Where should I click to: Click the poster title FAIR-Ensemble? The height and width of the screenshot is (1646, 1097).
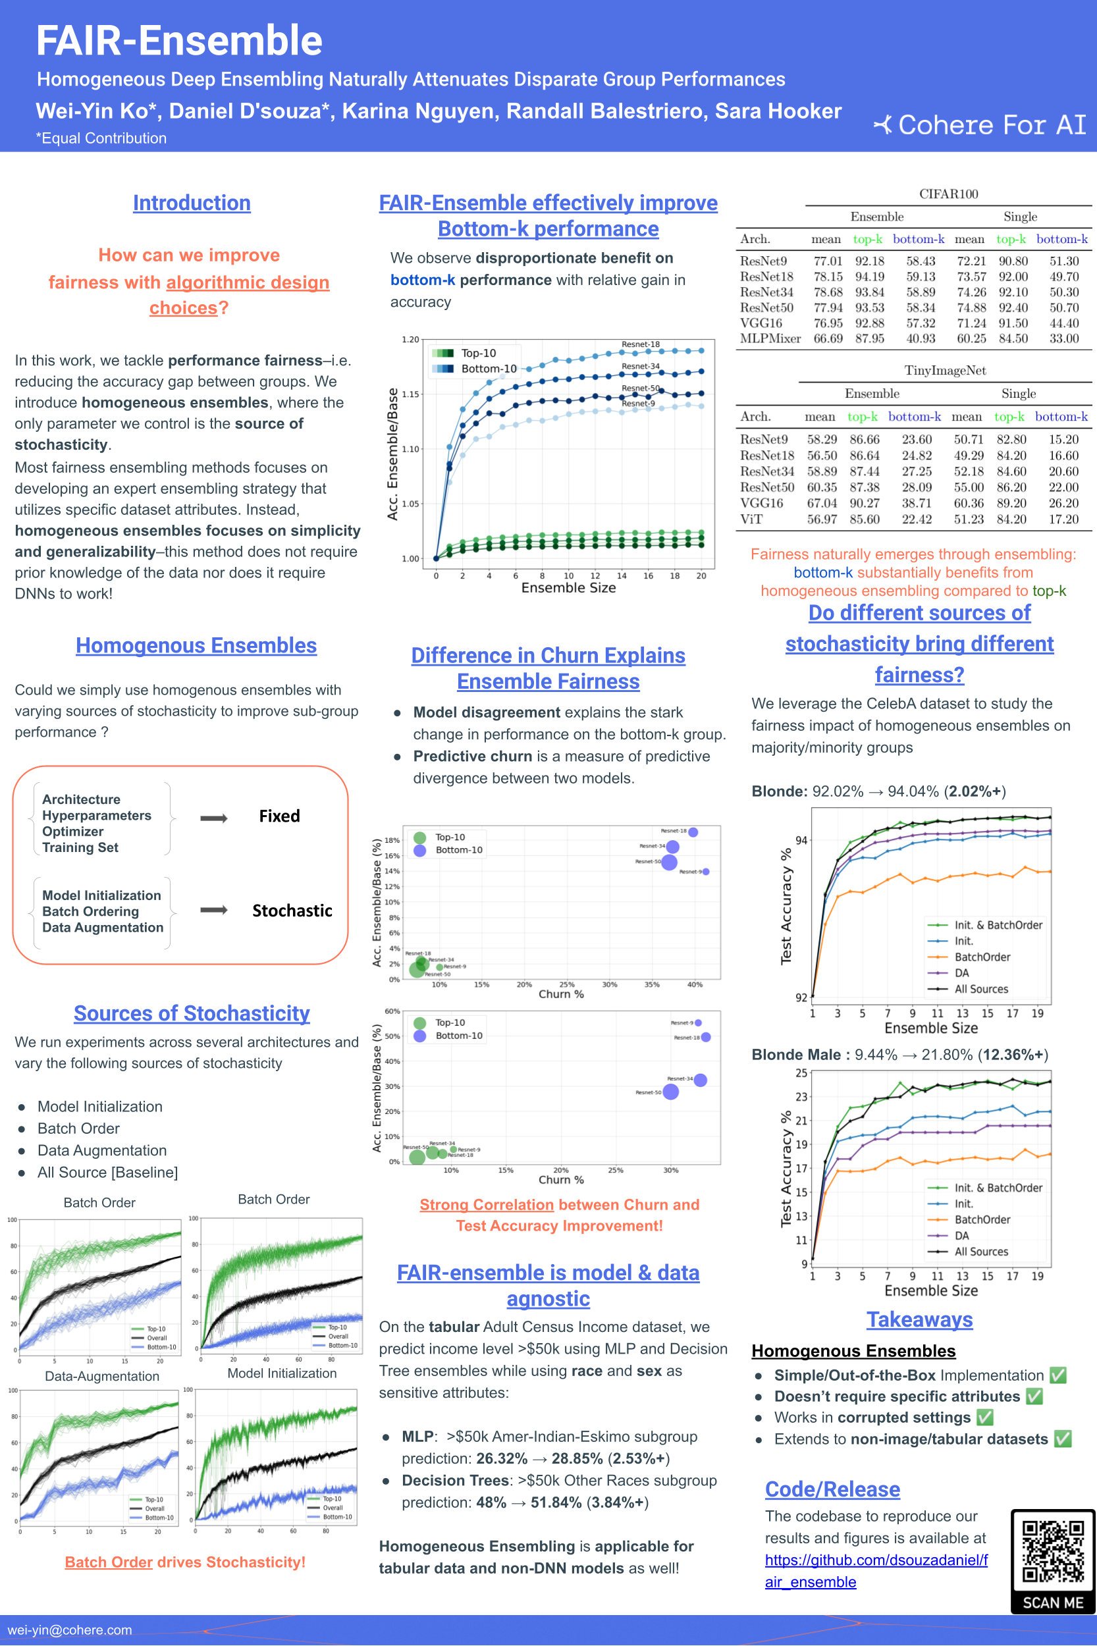pos(179,41)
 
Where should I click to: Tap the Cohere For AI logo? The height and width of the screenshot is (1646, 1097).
pos(980,125)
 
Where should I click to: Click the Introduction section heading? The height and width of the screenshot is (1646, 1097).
pos(192,203)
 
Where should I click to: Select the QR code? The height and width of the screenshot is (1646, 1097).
pos(1052,1551)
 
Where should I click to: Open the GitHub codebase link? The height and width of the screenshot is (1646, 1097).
pos(876,1570)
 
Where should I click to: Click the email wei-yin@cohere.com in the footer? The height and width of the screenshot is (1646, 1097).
pos(69,1630)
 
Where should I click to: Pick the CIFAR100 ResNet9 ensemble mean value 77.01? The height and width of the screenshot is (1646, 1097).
pos(828,261)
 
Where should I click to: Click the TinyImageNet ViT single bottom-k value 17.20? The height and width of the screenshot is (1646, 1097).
pos(1063,519)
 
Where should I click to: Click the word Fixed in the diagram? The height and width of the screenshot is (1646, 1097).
pos(279,816)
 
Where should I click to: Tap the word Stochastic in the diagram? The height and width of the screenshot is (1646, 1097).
pos(292,910)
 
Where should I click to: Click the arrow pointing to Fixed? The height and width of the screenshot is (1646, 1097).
pos(213,818)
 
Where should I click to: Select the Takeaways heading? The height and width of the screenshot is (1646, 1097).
pos(919,1319)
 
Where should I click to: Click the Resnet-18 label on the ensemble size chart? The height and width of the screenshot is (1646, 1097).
pos(640,344)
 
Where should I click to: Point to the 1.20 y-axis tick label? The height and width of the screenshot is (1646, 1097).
pos(410,339)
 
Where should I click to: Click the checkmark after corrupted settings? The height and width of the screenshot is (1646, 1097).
pos(984,1418)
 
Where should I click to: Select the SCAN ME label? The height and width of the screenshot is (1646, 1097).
pos(1052,1603)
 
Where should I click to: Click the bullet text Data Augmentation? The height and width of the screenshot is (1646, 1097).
pos(102,1150)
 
